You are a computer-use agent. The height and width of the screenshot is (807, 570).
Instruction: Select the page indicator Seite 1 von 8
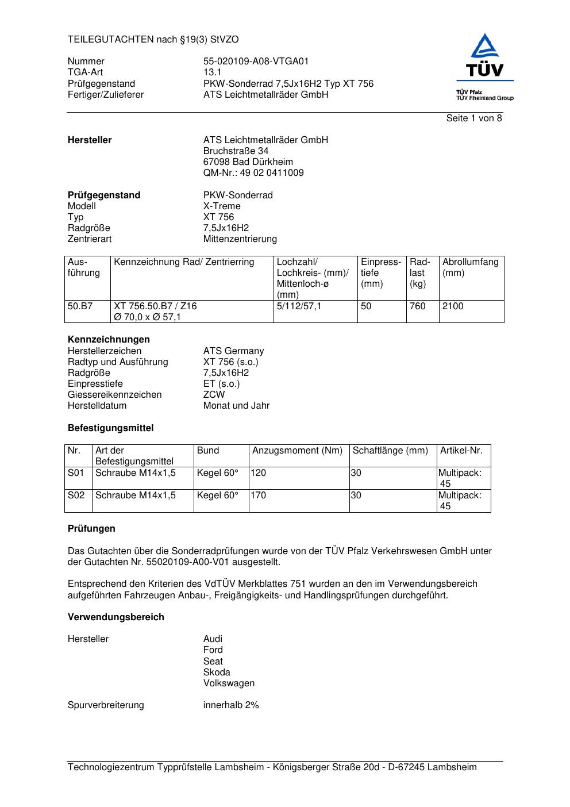coord(473,118)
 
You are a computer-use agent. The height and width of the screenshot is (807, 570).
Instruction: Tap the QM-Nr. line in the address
coord(253,173)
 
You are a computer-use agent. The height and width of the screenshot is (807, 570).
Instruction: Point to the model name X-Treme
coord(222,206)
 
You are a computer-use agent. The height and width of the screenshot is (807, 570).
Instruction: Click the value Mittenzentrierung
coord(240,239)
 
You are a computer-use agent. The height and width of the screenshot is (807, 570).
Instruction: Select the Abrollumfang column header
coord(470,267)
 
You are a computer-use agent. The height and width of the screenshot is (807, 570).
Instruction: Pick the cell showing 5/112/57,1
coord(299,306)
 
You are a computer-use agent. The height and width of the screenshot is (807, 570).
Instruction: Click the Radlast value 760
coord(417,306)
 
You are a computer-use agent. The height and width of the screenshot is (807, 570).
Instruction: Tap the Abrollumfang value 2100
coord(453,306)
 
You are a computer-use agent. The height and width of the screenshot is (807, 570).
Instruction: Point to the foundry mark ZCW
coord(214,395)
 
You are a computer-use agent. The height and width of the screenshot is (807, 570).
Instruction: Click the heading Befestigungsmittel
coord(110,428)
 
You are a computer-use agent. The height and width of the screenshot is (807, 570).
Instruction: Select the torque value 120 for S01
coord(259,473)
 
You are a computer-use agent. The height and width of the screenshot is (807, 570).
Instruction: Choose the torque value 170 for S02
coord(259,495)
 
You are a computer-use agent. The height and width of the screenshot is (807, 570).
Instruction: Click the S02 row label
coord(76,495)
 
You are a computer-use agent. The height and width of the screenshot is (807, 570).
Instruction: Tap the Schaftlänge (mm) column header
coord(390,451)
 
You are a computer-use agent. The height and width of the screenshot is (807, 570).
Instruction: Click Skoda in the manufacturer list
coord(217,672)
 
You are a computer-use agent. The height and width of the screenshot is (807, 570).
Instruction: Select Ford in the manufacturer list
coord(213,650)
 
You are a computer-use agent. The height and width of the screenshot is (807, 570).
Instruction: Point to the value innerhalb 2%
coord(231,705)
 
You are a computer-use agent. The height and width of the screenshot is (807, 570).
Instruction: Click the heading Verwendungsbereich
coord(116,617)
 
